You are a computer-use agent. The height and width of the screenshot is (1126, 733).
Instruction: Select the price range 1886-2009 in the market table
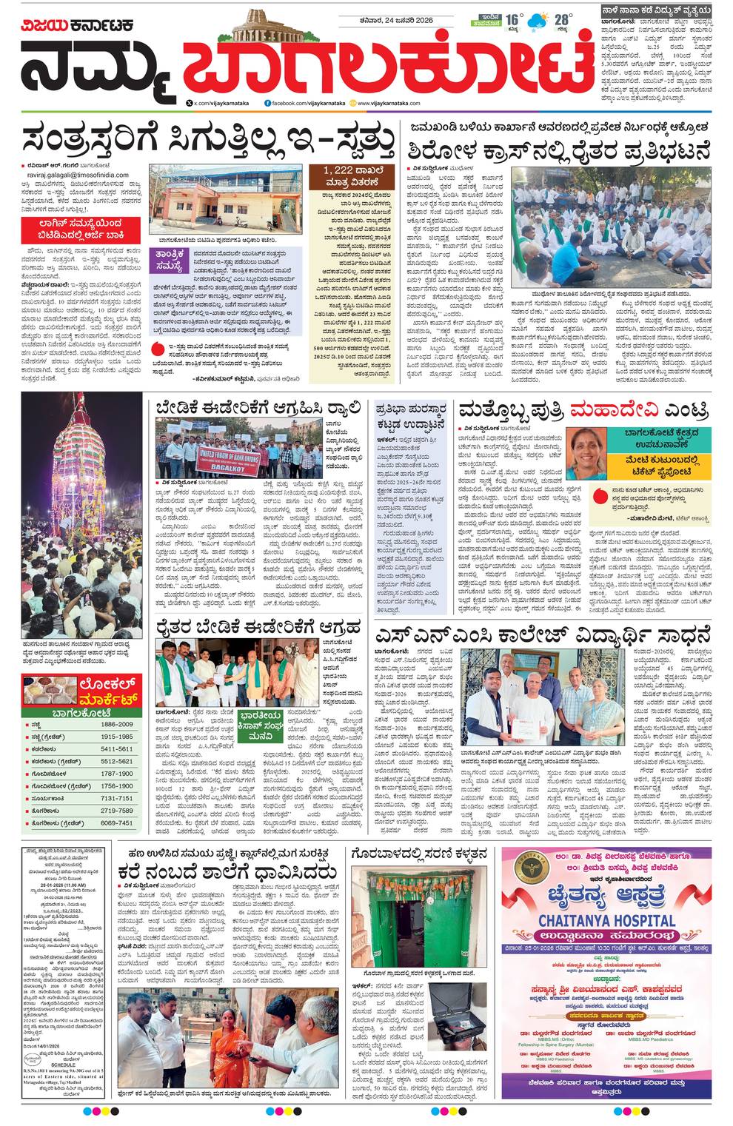116,724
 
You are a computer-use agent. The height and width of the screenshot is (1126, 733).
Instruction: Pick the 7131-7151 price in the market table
116,798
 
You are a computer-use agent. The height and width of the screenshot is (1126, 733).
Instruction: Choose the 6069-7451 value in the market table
116,822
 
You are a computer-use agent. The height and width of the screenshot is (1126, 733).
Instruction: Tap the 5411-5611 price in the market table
116,749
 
